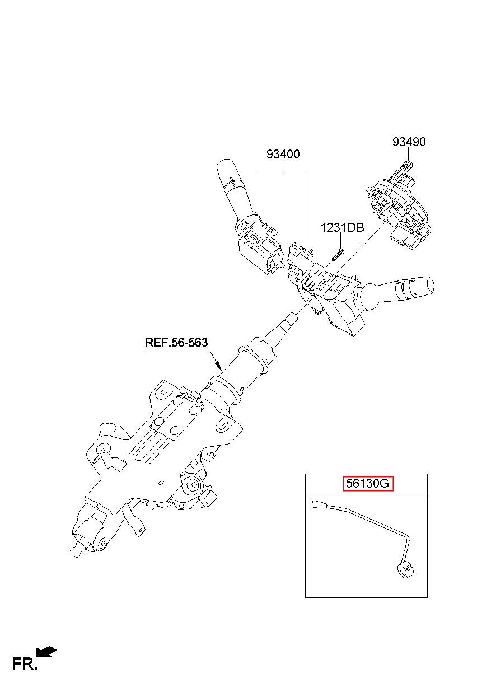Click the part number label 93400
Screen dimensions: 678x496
point(283,154)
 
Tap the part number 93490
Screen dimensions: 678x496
point(409,142)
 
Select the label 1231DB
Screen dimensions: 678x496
point(342,228)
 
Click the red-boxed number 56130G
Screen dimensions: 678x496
point(366,484)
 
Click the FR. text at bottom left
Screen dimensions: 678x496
point(25,664)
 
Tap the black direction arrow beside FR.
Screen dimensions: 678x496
point(46,652)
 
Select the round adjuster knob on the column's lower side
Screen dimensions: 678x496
point(193,486)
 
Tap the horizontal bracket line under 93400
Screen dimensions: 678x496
point(283,172)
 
